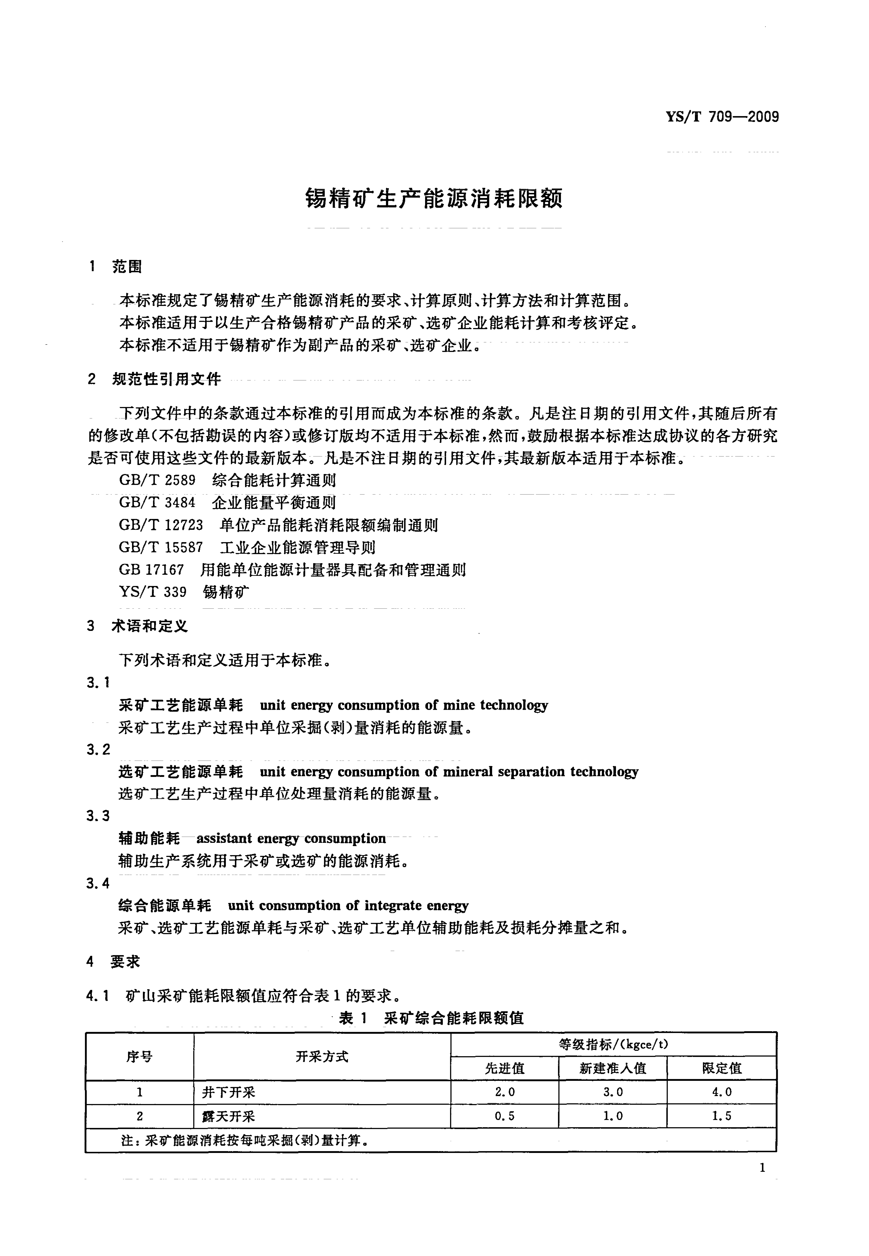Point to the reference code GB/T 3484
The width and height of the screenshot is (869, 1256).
click(x=157, y=503)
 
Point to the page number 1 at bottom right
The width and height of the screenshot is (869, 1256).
click(x=762, y=1167)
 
